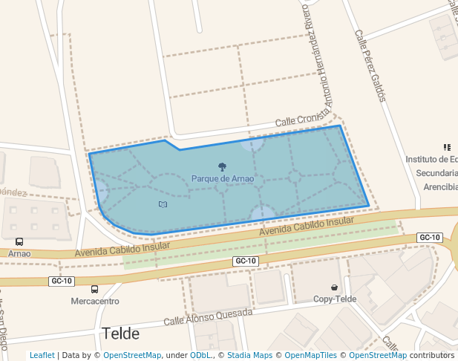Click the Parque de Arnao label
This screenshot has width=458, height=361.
[223, 179]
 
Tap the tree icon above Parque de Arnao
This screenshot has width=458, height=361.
[222, 167]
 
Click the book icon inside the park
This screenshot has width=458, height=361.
[163, 204]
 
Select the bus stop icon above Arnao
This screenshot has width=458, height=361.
[19, 241]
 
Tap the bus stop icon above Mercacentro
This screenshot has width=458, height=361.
[94, 289]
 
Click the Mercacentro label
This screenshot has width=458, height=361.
[94, 302]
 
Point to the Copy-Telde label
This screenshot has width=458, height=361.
[334, 299]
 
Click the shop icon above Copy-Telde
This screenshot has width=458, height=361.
[335, 287]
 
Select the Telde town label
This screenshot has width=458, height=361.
[121, 333]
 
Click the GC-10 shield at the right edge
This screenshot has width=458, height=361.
[430, 238]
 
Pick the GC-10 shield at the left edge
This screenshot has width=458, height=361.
[62, 281]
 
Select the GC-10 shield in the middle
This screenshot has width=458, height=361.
[246, 261]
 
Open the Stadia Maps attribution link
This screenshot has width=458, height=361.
[249, 356]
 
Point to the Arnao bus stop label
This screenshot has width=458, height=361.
[19, 253]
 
